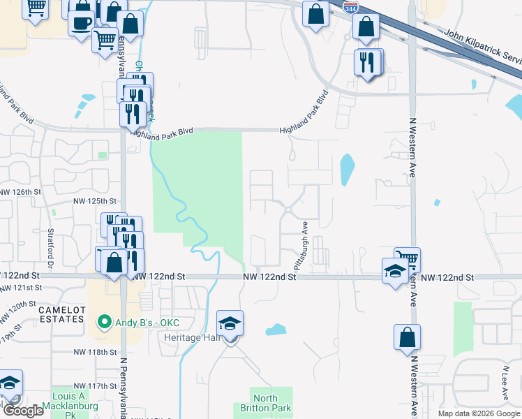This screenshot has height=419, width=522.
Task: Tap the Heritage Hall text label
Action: [x=192, y=337]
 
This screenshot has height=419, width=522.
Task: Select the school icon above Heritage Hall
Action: [x=230, y=325]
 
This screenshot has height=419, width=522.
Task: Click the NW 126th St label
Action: [x=22, y=191]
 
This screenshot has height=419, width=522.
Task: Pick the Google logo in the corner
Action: [x=22, y=411]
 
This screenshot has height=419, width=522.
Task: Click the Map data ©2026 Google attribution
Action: [x=479, y=413]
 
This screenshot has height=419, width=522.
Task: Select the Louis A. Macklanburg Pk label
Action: [x=67, y=409]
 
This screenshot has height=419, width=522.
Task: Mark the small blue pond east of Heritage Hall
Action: [x=275, y=329]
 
